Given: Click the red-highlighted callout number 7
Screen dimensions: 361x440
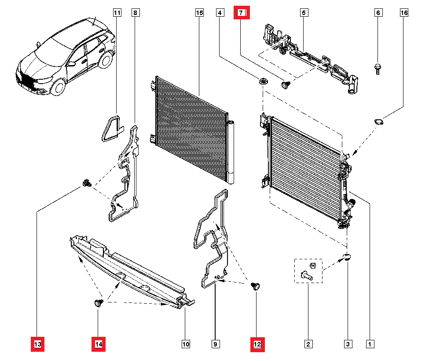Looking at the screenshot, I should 241,13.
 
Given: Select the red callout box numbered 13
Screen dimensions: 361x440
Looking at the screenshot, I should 37,344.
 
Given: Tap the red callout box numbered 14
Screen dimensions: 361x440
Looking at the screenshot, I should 98,344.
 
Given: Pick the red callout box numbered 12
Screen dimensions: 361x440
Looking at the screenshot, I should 257,344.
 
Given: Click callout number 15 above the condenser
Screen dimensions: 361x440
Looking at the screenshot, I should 199,13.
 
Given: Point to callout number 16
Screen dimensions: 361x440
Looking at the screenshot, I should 404,13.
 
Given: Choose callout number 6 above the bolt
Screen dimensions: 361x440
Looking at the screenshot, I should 378,13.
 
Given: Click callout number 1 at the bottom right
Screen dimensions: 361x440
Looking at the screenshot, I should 370,344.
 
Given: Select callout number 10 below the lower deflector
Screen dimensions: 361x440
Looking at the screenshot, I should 186,344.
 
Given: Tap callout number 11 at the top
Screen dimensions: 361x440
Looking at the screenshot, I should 117,13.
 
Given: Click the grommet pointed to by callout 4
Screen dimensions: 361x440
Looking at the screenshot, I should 263,81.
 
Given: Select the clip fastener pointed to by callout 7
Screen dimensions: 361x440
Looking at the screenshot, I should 286,85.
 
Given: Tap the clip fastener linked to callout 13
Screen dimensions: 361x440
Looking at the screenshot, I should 87,183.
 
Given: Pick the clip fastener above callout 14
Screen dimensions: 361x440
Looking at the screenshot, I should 99,303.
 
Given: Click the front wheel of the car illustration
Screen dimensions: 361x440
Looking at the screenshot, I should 58,86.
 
